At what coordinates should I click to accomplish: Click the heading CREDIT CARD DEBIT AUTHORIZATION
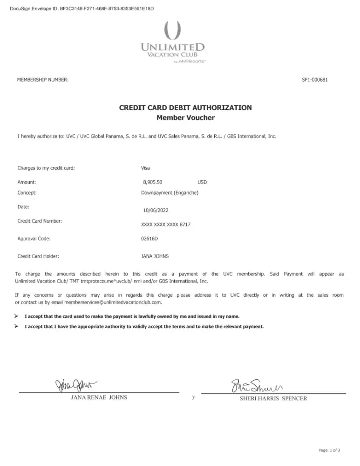tap(185, 108)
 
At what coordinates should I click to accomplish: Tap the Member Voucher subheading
tap(185, 117)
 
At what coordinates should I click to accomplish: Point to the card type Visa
tap(145, 168)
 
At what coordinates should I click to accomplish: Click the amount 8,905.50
tap(153, 183)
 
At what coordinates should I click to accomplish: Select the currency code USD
tap(202, 183)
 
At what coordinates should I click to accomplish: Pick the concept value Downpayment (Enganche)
tap(170, 192)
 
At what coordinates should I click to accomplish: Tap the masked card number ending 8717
tap(165, 225)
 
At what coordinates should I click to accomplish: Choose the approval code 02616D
tap(150, 239)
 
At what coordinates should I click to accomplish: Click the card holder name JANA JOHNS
tap(155, 256)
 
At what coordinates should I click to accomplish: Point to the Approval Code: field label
tap(34, 239)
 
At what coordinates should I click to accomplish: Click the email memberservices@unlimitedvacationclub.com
tap(112, 302)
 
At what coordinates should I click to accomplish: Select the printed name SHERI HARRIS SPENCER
tap(273, 398)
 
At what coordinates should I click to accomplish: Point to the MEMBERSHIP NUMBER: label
tap(43, 80)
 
